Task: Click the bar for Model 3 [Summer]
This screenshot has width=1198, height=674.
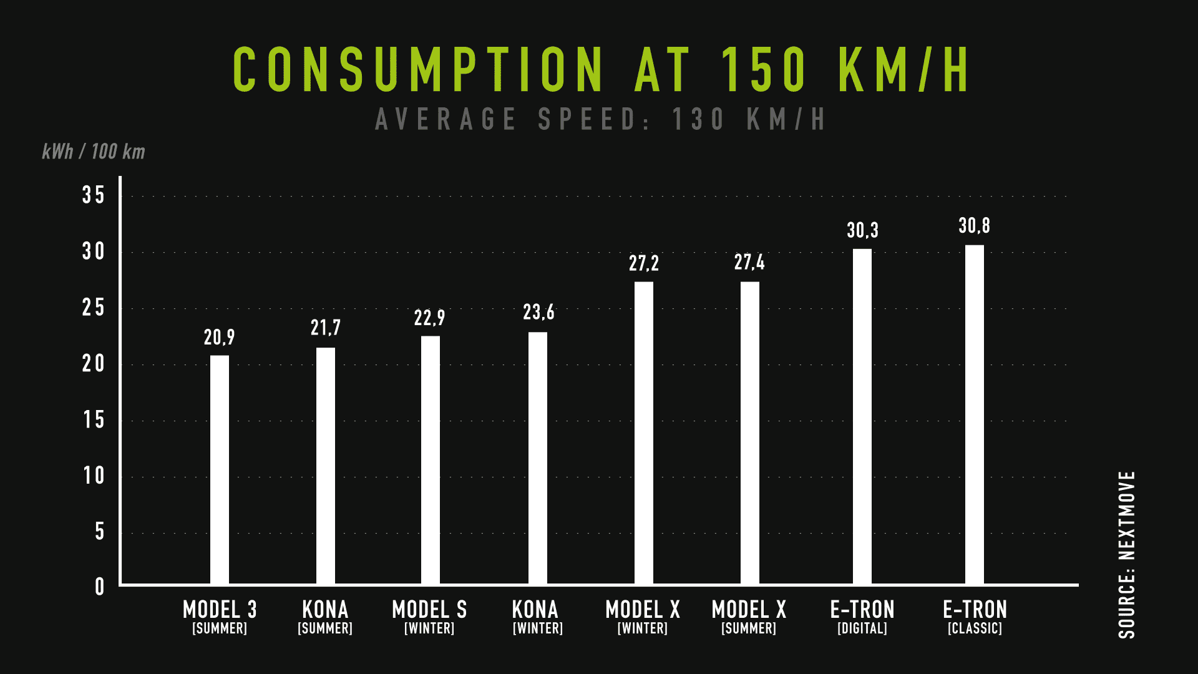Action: coord(220,469)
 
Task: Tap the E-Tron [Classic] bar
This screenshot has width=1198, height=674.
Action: coord(975,414)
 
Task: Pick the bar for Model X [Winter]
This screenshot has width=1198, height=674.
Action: coord(644,432)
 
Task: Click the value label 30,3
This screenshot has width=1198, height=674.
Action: coord(862,230)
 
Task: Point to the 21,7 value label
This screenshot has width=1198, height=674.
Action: coord(326,328)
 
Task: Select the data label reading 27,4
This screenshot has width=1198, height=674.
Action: coord(749,262)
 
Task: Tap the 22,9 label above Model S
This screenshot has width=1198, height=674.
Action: coord(429,318)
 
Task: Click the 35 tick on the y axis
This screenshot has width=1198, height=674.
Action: coord(94,195)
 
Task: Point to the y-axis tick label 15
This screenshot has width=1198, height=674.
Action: coord(94,420)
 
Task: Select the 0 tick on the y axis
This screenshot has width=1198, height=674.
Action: coord(100,587)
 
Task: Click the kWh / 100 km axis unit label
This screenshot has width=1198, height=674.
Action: coord(94,152)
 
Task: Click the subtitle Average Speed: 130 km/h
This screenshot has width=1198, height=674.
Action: coord(600,119)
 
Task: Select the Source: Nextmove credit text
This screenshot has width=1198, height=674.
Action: coord(1127,554)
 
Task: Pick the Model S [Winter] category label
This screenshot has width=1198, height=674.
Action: coord(429,617)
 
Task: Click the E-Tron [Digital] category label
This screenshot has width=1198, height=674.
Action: coord(862,617)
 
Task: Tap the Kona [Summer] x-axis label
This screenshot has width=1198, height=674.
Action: coord(325,617)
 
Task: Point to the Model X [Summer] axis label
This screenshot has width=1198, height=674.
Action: coord(749,617)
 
